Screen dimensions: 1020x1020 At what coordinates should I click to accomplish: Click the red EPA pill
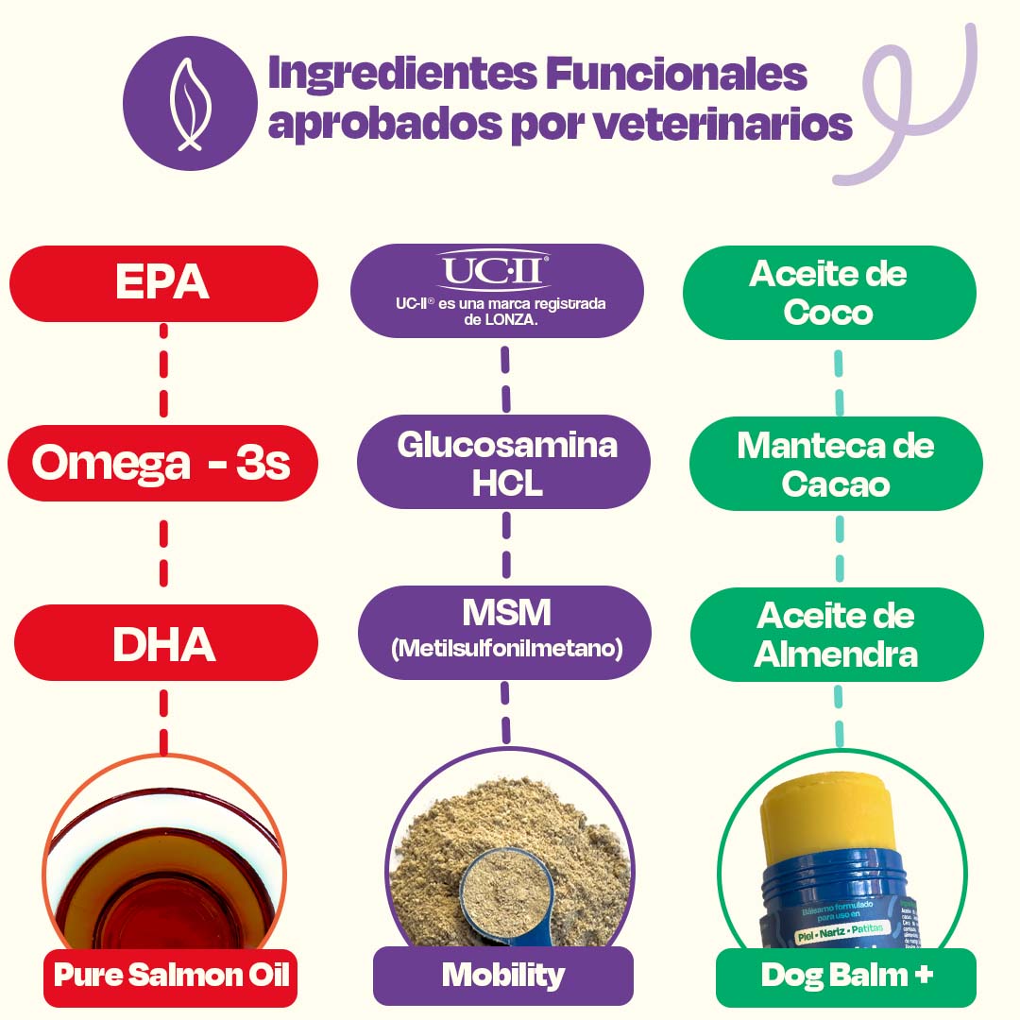162,283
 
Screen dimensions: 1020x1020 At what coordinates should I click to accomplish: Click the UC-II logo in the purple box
493,273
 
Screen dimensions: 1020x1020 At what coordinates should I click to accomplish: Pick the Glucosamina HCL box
505,463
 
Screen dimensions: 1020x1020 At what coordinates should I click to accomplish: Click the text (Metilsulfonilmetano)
506,649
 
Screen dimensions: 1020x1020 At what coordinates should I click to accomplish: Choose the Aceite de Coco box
828,293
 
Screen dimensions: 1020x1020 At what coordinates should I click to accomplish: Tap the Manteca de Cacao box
835,464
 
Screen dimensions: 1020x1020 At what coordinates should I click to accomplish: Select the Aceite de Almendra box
836,634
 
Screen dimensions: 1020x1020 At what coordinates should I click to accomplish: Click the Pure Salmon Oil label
171,975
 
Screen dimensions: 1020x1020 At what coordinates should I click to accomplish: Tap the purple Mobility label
502,975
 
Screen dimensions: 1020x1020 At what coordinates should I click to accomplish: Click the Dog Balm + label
846,976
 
